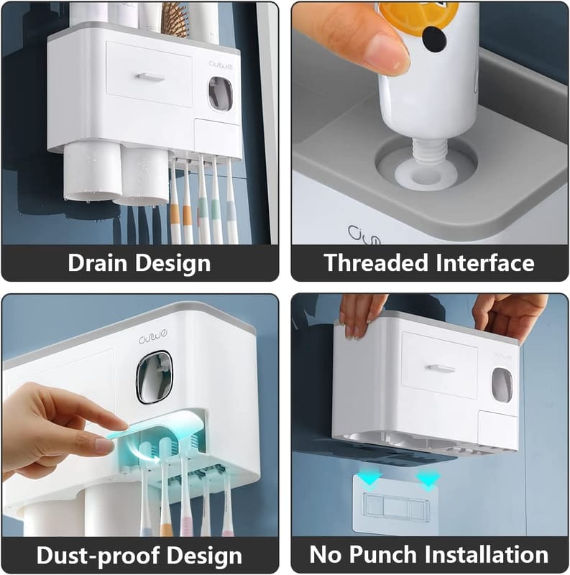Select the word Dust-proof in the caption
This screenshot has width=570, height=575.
click(95, 555)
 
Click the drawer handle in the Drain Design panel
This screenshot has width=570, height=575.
click(151, 77)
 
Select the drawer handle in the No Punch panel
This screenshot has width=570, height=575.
click(440, 369)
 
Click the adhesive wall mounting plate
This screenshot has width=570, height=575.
click(395, 505)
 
